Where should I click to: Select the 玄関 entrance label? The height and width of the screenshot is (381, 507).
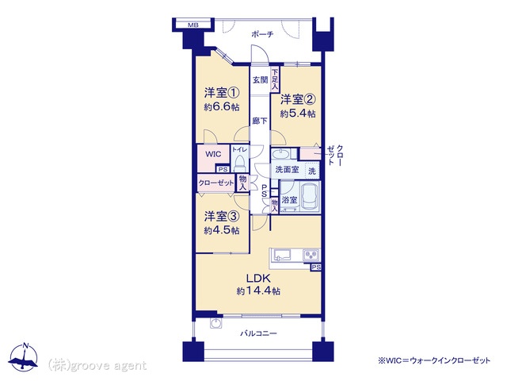[x=260, y=80]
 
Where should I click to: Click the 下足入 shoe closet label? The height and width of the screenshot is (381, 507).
[x=275, y=77]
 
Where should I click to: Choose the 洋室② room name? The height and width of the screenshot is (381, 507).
[x=299, y=99]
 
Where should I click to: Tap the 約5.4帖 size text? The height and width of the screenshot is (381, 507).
[x=299, y=114]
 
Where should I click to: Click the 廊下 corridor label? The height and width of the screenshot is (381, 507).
[x=260, y=121]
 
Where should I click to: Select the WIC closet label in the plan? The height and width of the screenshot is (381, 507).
[x=213, y=154]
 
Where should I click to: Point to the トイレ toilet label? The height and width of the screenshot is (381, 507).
[x=240, y=149]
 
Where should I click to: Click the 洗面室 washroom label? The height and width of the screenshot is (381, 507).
[x=287, y=170]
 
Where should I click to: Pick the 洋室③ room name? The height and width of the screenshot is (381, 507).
[x=221, y=216]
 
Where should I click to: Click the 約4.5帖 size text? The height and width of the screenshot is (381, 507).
[x=221, y=232]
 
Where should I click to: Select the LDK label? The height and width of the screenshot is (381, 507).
[x=258, y=277]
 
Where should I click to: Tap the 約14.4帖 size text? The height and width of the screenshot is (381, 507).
[x=258, y=291]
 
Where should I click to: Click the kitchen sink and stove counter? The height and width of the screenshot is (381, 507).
[x=295, y=256]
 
